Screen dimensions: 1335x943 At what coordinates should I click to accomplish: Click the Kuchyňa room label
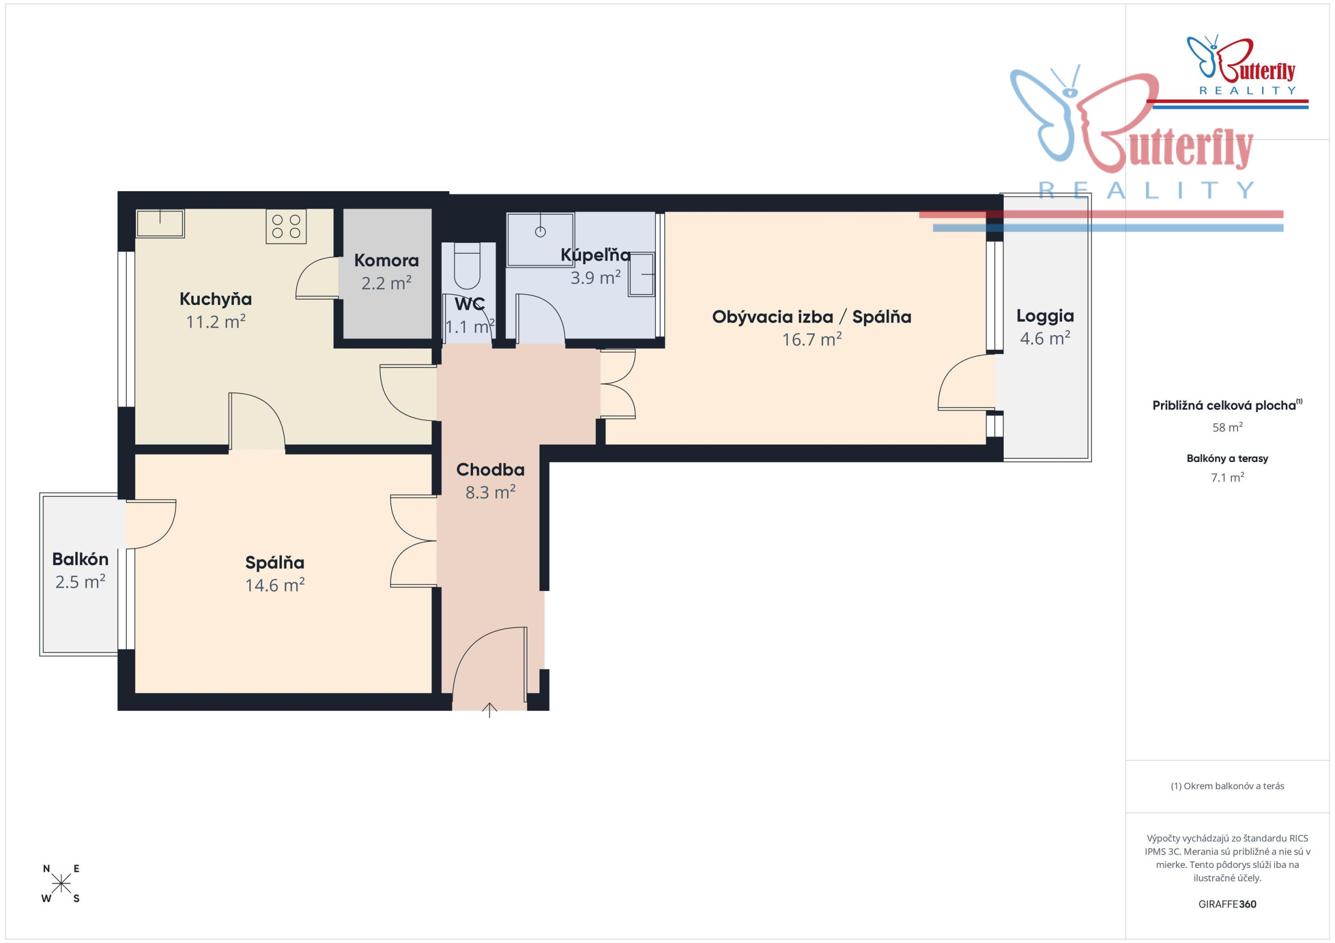click(x=215, y=299)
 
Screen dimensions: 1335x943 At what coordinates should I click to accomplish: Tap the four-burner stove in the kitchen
click(x=286, y=226)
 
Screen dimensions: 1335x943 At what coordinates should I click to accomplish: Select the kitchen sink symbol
click(x=160, y=223)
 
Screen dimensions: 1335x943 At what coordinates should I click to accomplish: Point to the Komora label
click(x=387, y=260)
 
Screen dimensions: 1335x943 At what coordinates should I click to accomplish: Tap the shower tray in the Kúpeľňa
click(x=540, y=239)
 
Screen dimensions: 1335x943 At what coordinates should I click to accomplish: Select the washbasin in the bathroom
click(x=641, y=274)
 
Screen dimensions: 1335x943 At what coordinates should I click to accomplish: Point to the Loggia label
click(x=1045, y=317)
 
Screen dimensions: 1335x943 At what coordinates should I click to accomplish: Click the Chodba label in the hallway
click(x=490, y=469)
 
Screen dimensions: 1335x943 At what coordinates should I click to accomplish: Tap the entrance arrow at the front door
click(x=489, y=710)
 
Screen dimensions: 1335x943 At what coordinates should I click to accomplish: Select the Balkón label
click(x=80, y=559)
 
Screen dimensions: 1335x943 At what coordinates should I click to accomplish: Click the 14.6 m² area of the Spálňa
click(x=275, y=585)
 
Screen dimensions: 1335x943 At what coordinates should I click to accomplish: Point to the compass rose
click(x=61, y=884)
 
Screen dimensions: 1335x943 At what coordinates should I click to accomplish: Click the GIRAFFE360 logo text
click(x=1227, y=904)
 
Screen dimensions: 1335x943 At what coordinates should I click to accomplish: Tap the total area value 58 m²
click(x=1227, y=427)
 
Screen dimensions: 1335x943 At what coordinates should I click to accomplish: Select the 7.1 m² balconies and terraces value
click(x=1227, y=478)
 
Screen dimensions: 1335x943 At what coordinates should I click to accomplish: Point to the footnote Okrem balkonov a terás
click(x=1227, y=786)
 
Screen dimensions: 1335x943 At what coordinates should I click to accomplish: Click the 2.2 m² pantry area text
click(x=387, y=283)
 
